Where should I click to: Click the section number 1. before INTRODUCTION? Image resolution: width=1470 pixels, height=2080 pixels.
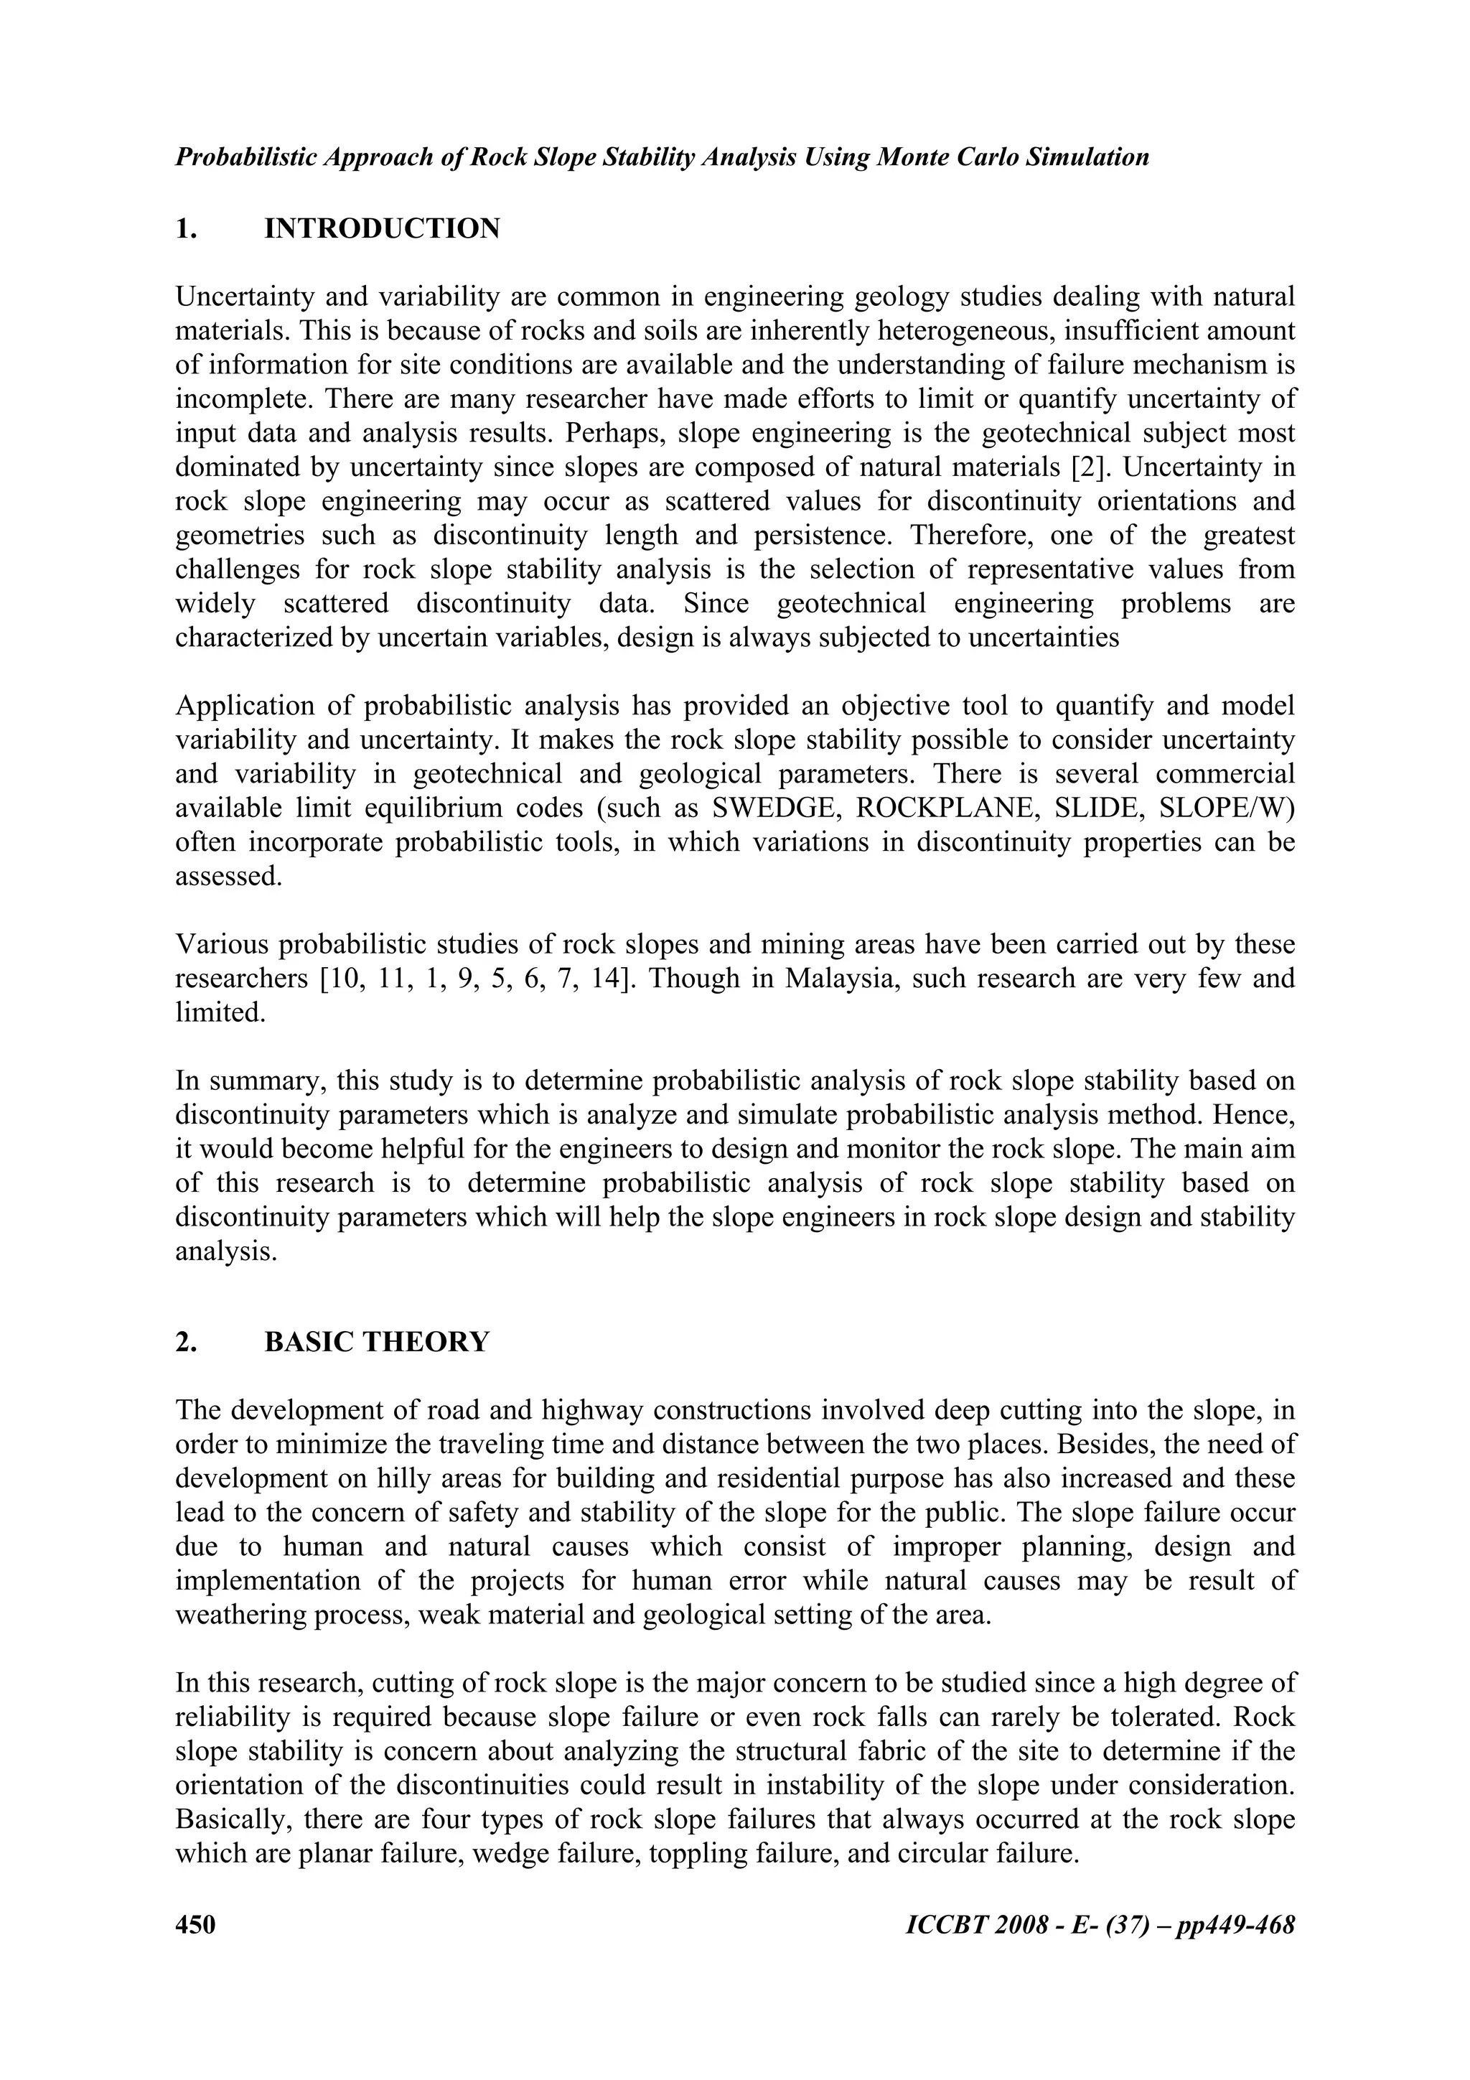(186, 229)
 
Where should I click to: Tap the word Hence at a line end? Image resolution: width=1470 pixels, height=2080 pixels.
(1263, 1115)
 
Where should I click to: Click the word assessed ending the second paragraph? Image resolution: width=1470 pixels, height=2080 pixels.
(228, 877)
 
